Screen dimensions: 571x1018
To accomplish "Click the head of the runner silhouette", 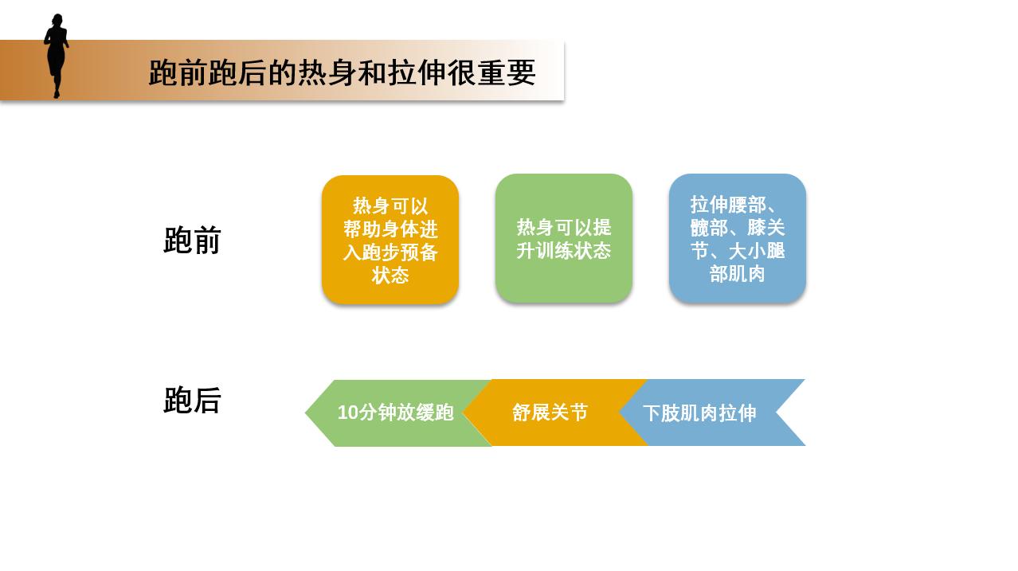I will (x=57, y=20).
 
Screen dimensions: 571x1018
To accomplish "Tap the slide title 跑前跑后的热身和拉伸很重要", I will (x=342, y=72).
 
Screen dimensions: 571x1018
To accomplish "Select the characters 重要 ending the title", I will (x=507, y=72).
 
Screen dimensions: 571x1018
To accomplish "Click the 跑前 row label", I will (x=192, y=241).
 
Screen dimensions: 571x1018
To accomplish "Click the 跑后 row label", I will (x=192, y=401).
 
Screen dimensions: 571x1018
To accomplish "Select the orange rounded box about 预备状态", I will (x=390, y=240).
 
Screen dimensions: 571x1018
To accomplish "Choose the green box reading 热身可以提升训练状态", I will (x=564, y=238).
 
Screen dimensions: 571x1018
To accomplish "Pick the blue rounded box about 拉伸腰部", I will (x=738, y=238).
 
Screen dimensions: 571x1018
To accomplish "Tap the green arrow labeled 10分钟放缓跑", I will (x=396, y=413).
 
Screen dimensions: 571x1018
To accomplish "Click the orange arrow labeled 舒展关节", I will (x=550, y=413).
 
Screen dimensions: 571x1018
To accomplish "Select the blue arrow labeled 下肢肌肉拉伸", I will (x=699, y=413).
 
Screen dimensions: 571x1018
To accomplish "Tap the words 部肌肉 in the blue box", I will (x=738, y=274).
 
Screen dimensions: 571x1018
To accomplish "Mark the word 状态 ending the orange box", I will (x=390, y=276).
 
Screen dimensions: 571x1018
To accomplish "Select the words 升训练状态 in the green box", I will (x=564, y=251).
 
